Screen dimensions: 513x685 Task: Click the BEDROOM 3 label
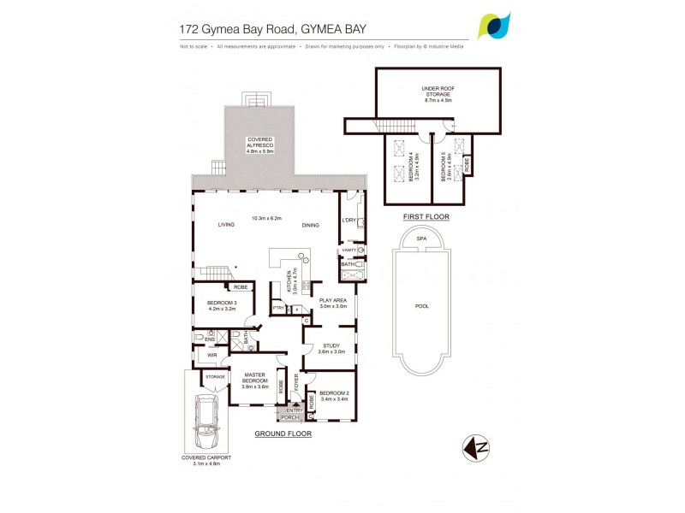coord(221,304)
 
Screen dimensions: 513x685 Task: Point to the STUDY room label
coord(331,347)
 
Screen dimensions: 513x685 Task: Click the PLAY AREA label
coord(332,302)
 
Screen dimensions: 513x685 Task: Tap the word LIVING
coord(226,225)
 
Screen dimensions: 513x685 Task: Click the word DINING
coord(310,225)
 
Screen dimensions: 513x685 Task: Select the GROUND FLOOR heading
coord(283,434)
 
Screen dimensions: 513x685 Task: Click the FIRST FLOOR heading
coord(426,217)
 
